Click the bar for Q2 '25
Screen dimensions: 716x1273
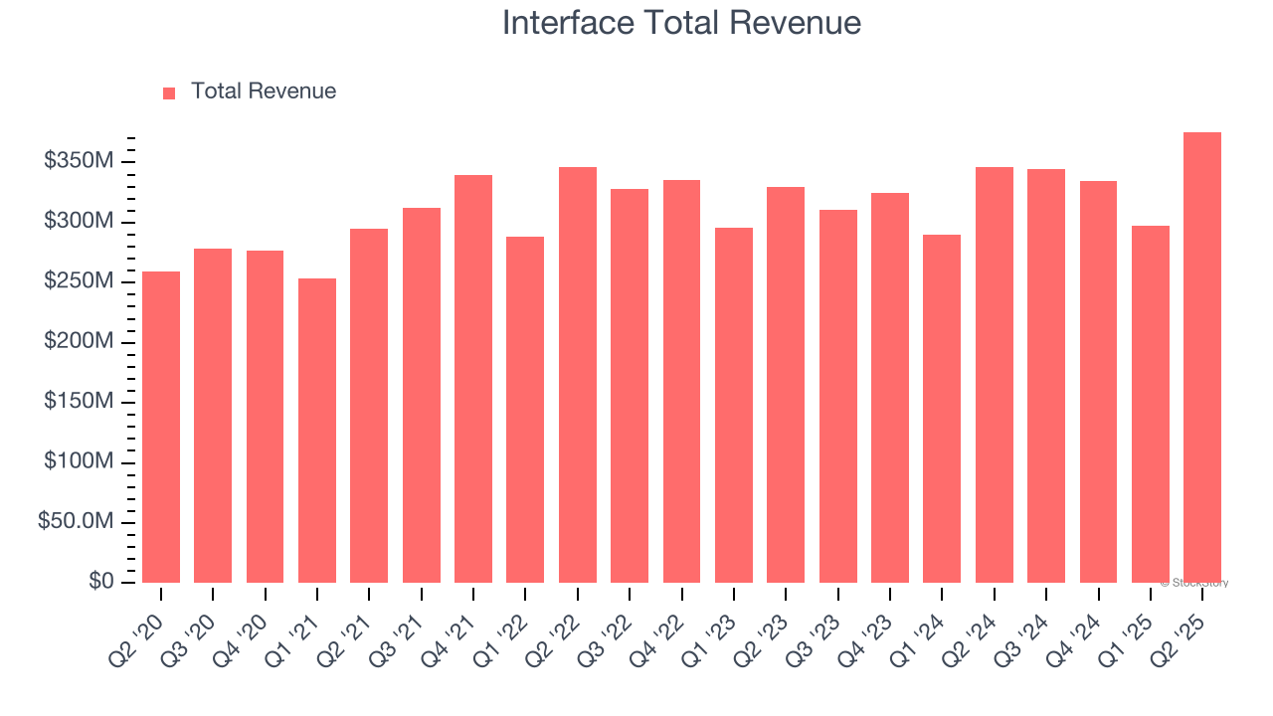point(1202,358)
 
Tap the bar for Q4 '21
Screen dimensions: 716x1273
point(473,379)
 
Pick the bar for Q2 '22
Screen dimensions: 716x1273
point(578,375)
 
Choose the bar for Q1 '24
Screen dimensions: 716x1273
point(942,409)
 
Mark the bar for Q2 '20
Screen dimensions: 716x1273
point(161,428)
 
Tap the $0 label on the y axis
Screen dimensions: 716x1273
point(100,582)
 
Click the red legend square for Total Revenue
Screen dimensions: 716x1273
point(169,92)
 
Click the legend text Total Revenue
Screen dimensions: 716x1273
point(264,91)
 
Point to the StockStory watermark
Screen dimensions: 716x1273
point(1194,583)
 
